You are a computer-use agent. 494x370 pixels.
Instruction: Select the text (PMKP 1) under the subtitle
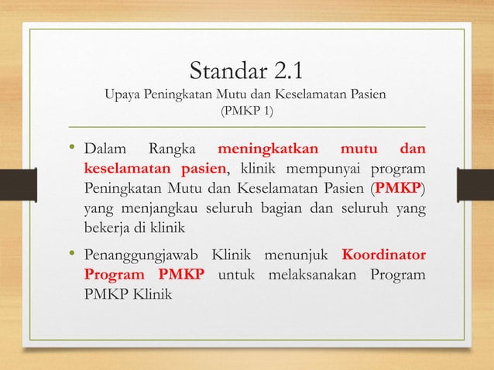pos(247,111)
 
